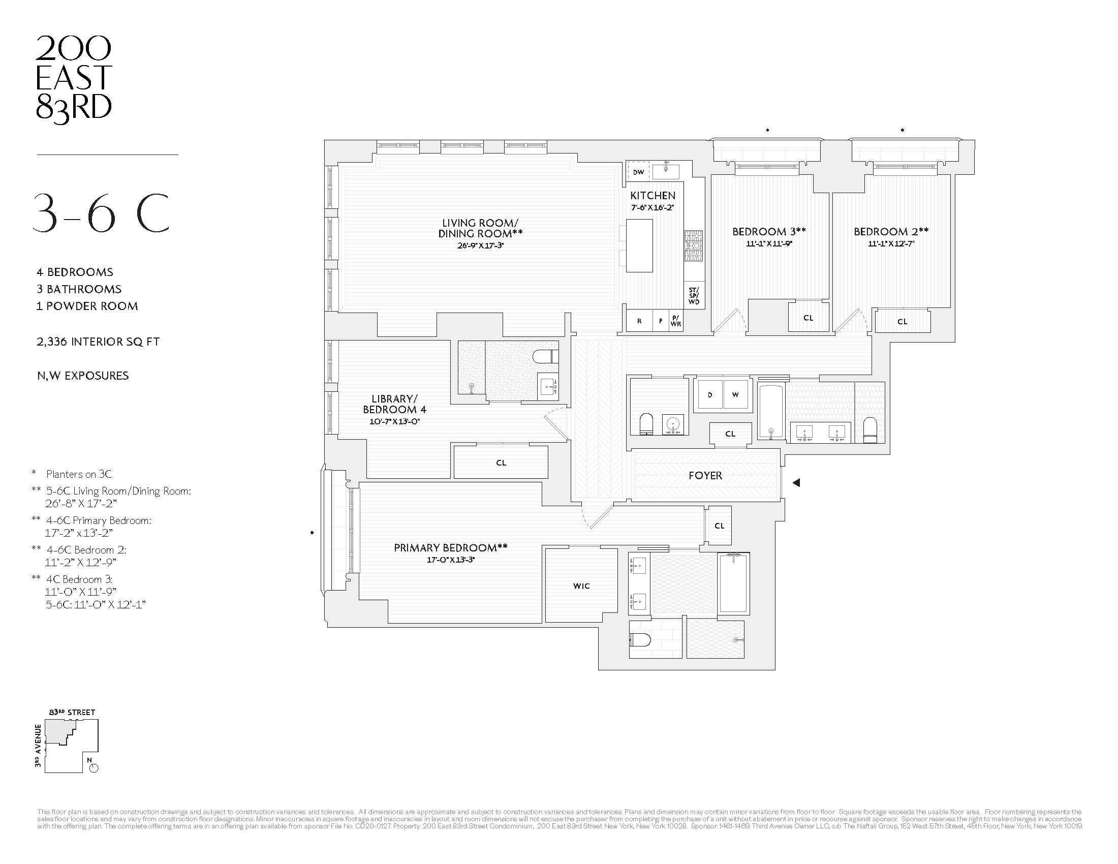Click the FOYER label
[705, 476]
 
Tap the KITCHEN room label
[653, 196]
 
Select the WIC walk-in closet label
[581, 586]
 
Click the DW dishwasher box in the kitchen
[638, 172]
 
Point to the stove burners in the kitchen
[694, 246]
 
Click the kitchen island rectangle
[639, 245]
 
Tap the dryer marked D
[710, 394]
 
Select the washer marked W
[735, 394]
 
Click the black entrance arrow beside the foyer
[796, 482]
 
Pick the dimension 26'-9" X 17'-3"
[480, 245]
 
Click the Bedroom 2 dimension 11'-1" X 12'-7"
[891, 244]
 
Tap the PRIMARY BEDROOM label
[450, 548]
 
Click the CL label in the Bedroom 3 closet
[808, 318]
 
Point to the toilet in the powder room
[646, 424]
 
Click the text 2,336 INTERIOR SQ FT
[98, 342]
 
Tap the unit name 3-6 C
[101, 213]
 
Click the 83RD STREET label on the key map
[72, 712]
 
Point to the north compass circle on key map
[94, 768]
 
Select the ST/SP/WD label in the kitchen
[694, 296]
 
